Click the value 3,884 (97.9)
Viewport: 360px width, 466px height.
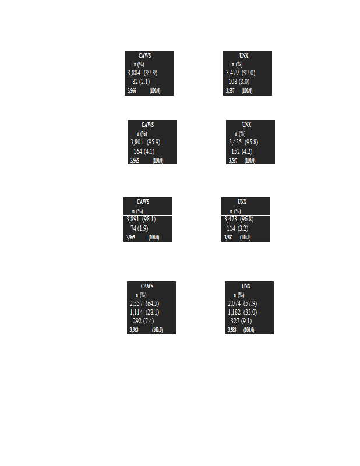tap(142, 73)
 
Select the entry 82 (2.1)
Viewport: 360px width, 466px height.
tap(140, 82)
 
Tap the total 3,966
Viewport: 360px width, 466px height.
tap(132, 91)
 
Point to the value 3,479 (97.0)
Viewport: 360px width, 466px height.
tap(240, 73)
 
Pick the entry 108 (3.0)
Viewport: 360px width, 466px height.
tap(239, 82)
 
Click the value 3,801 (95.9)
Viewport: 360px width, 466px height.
tap(145, 142)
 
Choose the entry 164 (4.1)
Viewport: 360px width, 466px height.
tap(144, 151)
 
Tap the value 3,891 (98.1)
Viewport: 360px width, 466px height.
tap(140, 219)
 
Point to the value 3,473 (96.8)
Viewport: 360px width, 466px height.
tap(239, 219)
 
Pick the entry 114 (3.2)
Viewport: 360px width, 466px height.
tap(238, 228)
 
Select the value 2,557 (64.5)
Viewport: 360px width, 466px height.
tap(144, 303)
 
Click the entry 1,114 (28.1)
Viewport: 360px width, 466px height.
tap(144, 312)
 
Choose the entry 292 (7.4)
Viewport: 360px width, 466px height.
tap(143, 321)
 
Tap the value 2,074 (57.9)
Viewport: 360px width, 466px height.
tap(242, 303)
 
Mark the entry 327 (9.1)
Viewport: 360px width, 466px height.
tap(242, 321)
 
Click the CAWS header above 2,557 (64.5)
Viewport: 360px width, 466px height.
tap(147, 286)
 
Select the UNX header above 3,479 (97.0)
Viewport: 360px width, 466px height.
tap(243, 55)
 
